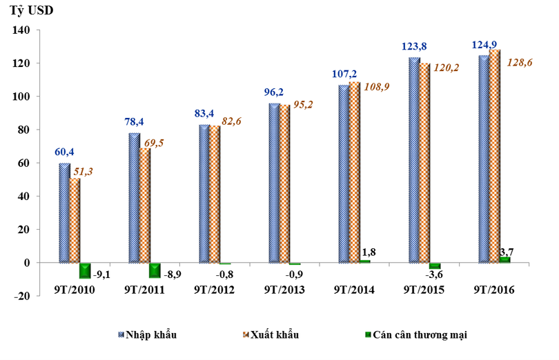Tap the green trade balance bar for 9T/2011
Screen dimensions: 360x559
click(x=155, y=271)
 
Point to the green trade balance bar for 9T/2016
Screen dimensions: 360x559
click(x=505, y=259)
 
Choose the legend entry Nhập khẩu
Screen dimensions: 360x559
click(x=153, y=335)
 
